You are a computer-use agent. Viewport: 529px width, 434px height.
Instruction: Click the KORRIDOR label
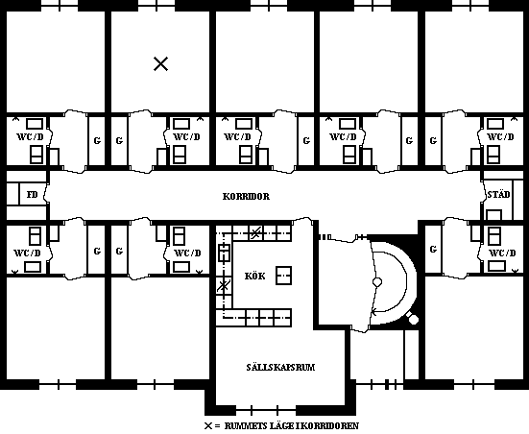point(246,197)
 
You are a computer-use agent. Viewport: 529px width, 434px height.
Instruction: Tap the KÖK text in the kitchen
point(254,277)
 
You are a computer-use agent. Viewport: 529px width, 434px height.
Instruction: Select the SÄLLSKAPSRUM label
point(280,367)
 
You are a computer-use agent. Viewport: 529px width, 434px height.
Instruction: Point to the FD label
point(32,195)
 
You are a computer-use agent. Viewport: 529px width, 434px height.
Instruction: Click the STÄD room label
point(498,194)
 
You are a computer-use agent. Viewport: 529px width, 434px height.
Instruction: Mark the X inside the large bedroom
point(161,63)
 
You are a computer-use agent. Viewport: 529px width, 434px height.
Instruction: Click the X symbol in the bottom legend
point(208,425)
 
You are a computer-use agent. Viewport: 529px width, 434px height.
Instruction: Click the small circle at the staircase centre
point(377,281)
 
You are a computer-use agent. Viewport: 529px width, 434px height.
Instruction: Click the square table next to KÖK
point(284,276)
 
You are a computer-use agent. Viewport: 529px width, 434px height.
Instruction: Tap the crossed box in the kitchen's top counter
point(256,232)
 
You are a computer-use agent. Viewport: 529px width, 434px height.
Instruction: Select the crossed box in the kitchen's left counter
point(224,286)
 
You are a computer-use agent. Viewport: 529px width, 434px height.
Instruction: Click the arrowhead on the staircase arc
point(373,312)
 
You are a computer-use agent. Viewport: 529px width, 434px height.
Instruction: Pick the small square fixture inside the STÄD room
point(493,215)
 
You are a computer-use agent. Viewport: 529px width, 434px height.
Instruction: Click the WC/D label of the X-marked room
point(186,136)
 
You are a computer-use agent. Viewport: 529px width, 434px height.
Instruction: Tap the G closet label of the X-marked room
point(119,140)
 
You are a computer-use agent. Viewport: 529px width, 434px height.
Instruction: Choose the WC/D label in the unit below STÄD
point(502,253)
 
